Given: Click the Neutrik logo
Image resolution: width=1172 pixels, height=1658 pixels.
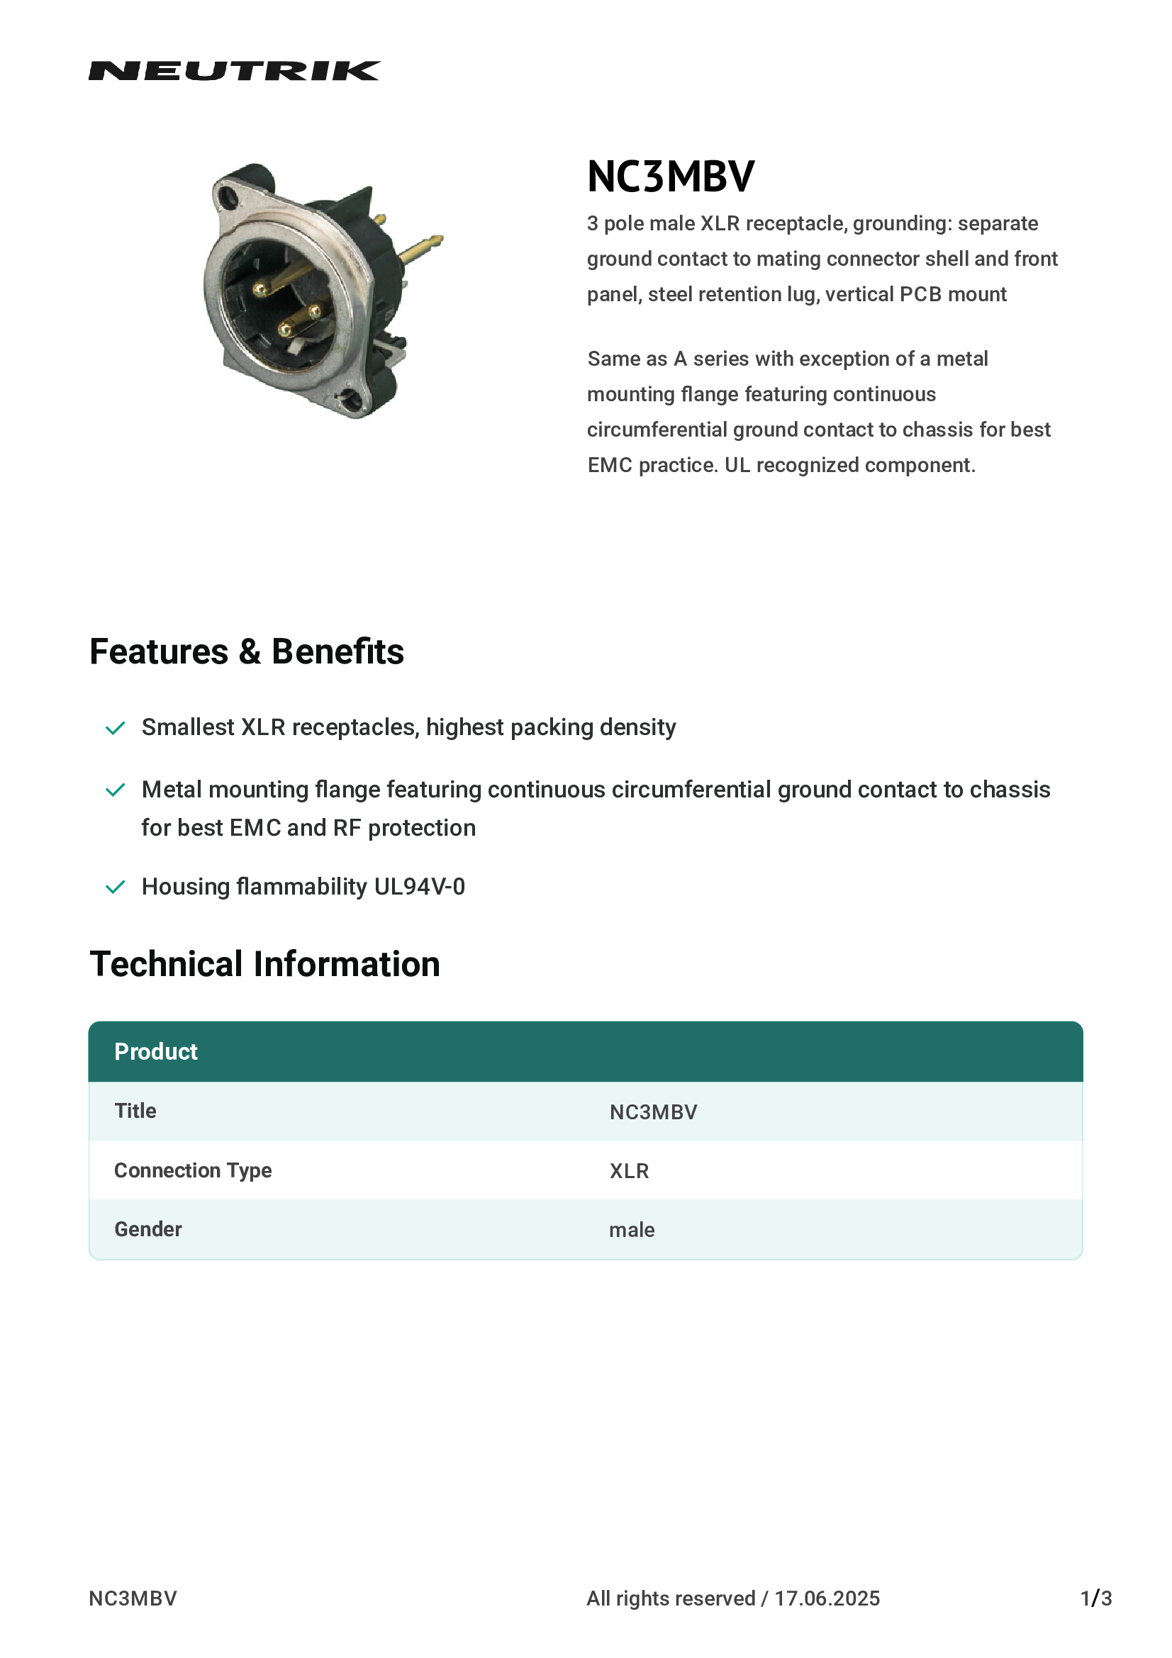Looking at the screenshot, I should [x=234, y=71].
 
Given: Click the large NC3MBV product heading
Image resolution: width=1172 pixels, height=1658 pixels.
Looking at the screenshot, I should [x=671, y=177].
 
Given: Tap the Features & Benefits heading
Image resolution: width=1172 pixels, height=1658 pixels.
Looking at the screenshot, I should [x=246, y=651].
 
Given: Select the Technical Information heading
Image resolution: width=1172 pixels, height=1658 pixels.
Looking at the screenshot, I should [x=264, y=964].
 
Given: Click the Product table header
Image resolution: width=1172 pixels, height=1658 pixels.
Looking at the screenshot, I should [x=156, y=1051].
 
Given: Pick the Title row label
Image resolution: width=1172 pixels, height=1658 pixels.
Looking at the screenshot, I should [x=135, y=1111].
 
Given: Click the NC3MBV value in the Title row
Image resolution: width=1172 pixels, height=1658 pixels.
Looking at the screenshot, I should [x=653, y=1112].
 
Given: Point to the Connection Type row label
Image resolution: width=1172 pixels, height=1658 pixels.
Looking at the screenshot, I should [x=193, y=1170].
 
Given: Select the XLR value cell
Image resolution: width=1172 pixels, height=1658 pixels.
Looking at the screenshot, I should [x=629, y=1171].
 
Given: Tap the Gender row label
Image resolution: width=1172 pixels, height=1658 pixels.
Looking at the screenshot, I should [x=148, y=1229].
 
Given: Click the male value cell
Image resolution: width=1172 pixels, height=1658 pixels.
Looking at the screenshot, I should [x=632, y=1230].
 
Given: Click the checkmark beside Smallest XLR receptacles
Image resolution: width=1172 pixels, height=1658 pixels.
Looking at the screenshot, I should [x=116, y=728].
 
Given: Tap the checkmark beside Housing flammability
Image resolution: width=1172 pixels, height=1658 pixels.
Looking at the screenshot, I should [x=116, y=887].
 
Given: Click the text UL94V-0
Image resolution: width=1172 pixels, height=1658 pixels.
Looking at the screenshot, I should [x=420, y=887].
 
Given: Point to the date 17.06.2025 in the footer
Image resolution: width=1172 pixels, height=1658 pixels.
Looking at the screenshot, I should [x=827, y=1598].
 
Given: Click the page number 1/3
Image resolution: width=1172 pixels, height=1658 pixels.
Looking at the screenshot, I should [x=1095, y=1598].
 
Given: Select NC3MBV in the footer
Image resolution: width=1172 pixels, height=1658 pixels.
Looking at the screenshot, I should [x=133, y=1598].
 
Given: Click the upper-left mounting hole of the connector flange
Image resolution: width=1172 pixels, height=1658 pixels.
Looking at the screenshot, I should [x=230, y=196].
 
